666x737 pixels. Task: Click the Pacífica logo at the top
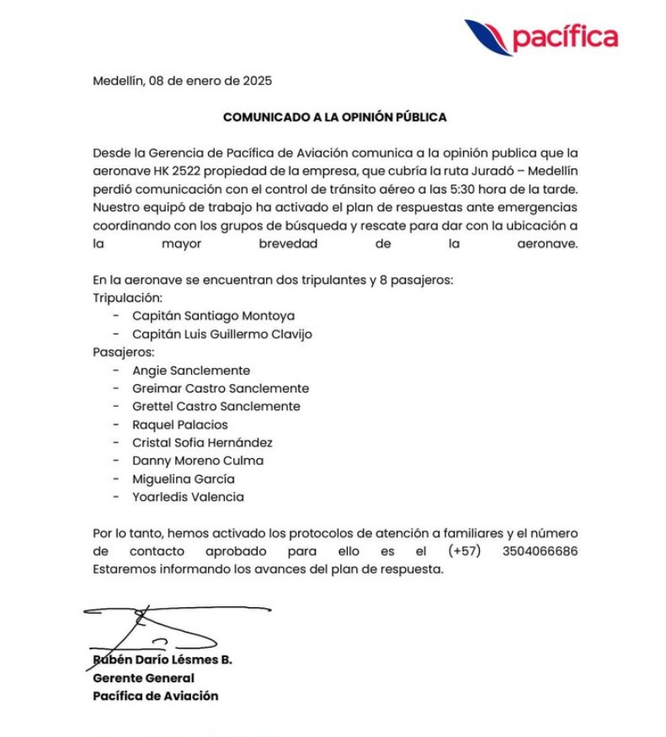tap(541, 37)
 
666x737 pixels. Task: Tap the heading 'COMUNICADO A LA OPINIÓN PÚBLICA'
tap(334, 117)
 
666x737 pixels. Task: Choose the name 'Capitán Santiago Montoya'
tap(213, 317)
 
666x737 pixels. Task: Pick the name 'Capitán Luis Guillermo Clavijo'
tap(221, 334)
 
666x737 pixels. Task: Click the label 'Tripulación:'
tap(127, 298)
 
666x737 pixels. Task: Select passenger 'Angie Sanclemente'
tap(191, 371)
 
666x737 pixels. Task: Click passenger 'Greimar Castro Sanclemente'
tap(221, 388)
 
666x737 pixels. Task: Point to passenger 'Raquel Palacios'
tap(179, 425)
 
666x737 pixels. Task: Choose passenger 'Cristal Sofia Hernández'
tap(202, 442)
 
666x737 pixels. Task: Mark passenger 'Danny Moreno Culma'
tap(198, 461)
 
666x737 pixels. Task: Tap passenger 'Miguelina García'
tap(184, 478)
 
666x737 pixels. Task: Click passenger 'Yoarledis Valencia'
tap(188, 497)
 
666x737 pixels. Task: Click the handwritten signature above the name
tap(168, 624)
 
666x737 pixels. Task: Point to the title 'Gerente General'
tap(143, 678)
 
